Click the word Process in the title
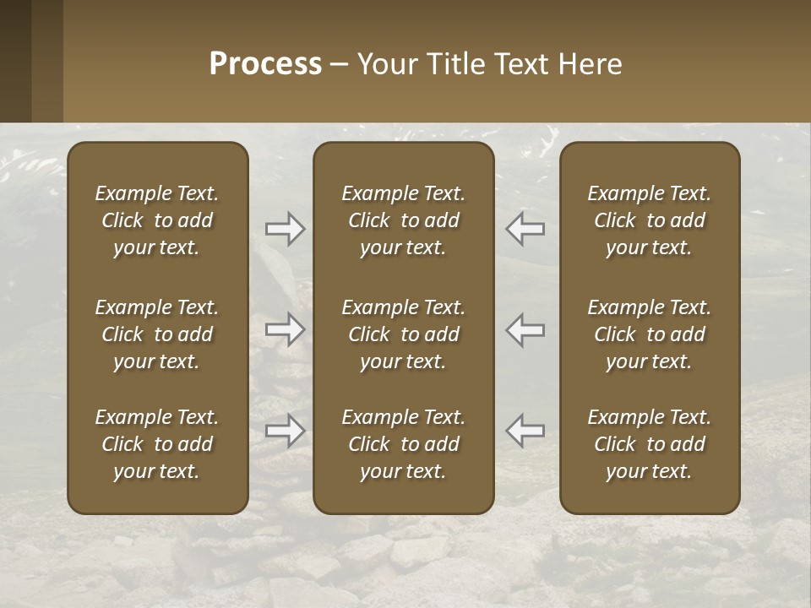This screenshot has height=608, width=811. (x=265, y=64)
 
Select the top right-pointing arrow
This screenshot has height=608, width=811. (x=286, y=229)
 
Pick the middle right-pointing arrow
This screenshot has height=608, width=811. (x=286, y=329)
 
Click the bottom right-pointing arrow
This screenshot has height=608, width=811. (x=286, y=431)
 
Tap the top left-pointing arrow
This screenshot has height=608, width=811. (x=525, y=229)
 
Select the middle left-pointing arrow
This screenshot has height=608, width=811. (x=525, y=329)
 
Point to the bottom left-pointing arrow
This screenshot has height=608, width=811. (x=525, y=431)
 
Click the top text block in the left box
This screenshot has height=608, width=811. (x=157, y=220)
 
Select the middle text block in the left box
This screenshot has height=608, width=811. (x=157, y=334)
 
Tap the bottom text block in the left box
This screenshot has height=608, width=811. (x=157, y=444)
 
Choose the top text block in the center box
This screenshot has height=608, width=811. (x=403, y=220)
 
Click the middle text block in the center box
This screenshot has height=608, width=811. (x=403, y=334)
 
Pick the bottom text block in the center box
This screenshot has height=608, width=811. (x=403, y=444)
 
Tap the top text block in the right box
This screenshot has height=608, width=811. (x=649, y=220)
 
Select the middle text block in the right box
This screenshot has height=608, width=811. (x=649, y=334)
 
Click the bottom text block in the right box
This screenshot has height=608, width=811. (x=649, y=444)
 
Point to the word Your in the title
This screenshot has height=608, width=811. (x=385, y=64)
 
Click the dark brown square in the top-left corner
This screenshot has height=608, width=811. (x=15, y=61)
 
